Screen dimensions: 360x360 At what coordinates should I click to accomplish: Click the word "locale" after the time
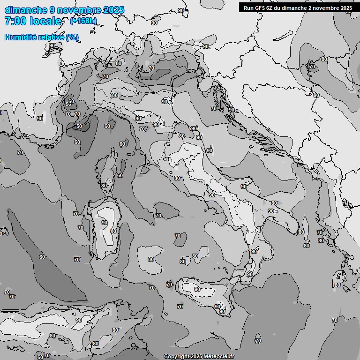(x=45, y=21)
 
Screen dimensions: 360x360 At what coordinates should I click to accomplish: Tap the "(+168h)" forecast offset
(x=83, y=21)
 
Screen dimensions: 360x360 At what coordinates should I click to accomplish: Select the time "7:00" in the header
(x=15, y=21)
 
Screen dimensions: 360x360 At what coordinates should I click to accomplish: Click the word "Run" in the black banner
(x=248, y=8)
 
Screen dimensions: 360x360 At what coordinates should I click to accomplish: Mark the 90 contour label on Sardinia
(x=104, y=223)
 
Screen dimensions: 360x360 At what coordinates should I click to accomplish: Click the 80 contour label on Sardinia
(x=113, y=231)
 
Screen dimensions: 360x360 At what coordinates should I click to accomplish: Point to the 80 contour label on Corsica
(x=104, y=186)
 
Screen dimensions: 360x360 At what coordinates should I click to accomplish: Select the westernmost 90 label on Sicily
(x=197, y=289)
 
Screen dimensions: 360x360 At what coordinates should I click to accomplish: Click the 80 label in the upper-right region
(x=324, y=60)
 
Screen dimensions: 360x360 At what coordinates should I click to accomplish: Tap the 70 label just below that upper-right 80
(x=312, y=67)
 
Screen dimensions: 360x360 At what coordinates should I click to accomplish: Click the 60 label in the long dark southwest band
(x=42, y=257)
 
